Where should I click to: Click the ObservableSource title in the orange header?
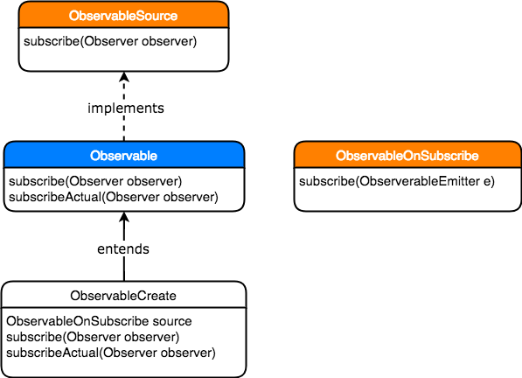[x=123, y=16]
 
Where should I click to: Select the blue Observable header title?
[x=123, y=156]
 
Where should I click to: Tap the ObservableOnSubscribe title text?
[x=407, y=156]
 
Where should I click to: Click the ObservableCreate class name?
[x=123, y=296]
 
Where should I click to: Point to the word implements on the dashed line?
[x=126, y=108]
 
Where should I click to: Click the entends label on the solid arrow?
[x=123, y=249]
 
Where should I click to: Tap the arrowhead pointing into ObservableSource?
[x=124, y=77]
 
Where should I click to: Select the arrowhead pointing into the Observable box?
[x=124, y=217]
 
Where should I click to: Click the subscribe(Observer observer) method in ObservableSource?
[x=110, y=41]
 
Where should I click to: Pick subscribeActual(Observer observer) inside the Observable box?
[x=114, y=197]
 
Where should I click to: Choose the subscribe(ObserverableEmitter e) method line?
[x=397, y=181]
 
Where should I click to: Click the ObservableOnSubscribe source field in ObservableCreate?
[x=99, y=321]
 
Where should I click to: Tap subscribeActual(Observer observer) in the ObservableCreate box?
[x=111, y=353]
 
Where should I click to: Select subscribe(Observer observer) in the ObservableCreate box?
[x=93, y=337]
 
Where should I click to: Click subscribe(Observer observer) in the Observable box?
[x=95, y=181]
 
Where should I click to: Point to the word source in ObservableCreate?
[x=172, y=321]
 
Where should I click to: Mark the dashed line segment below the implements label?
[x=124, y=129]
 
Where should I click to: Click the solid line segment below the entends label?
[x=124, y=269]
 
